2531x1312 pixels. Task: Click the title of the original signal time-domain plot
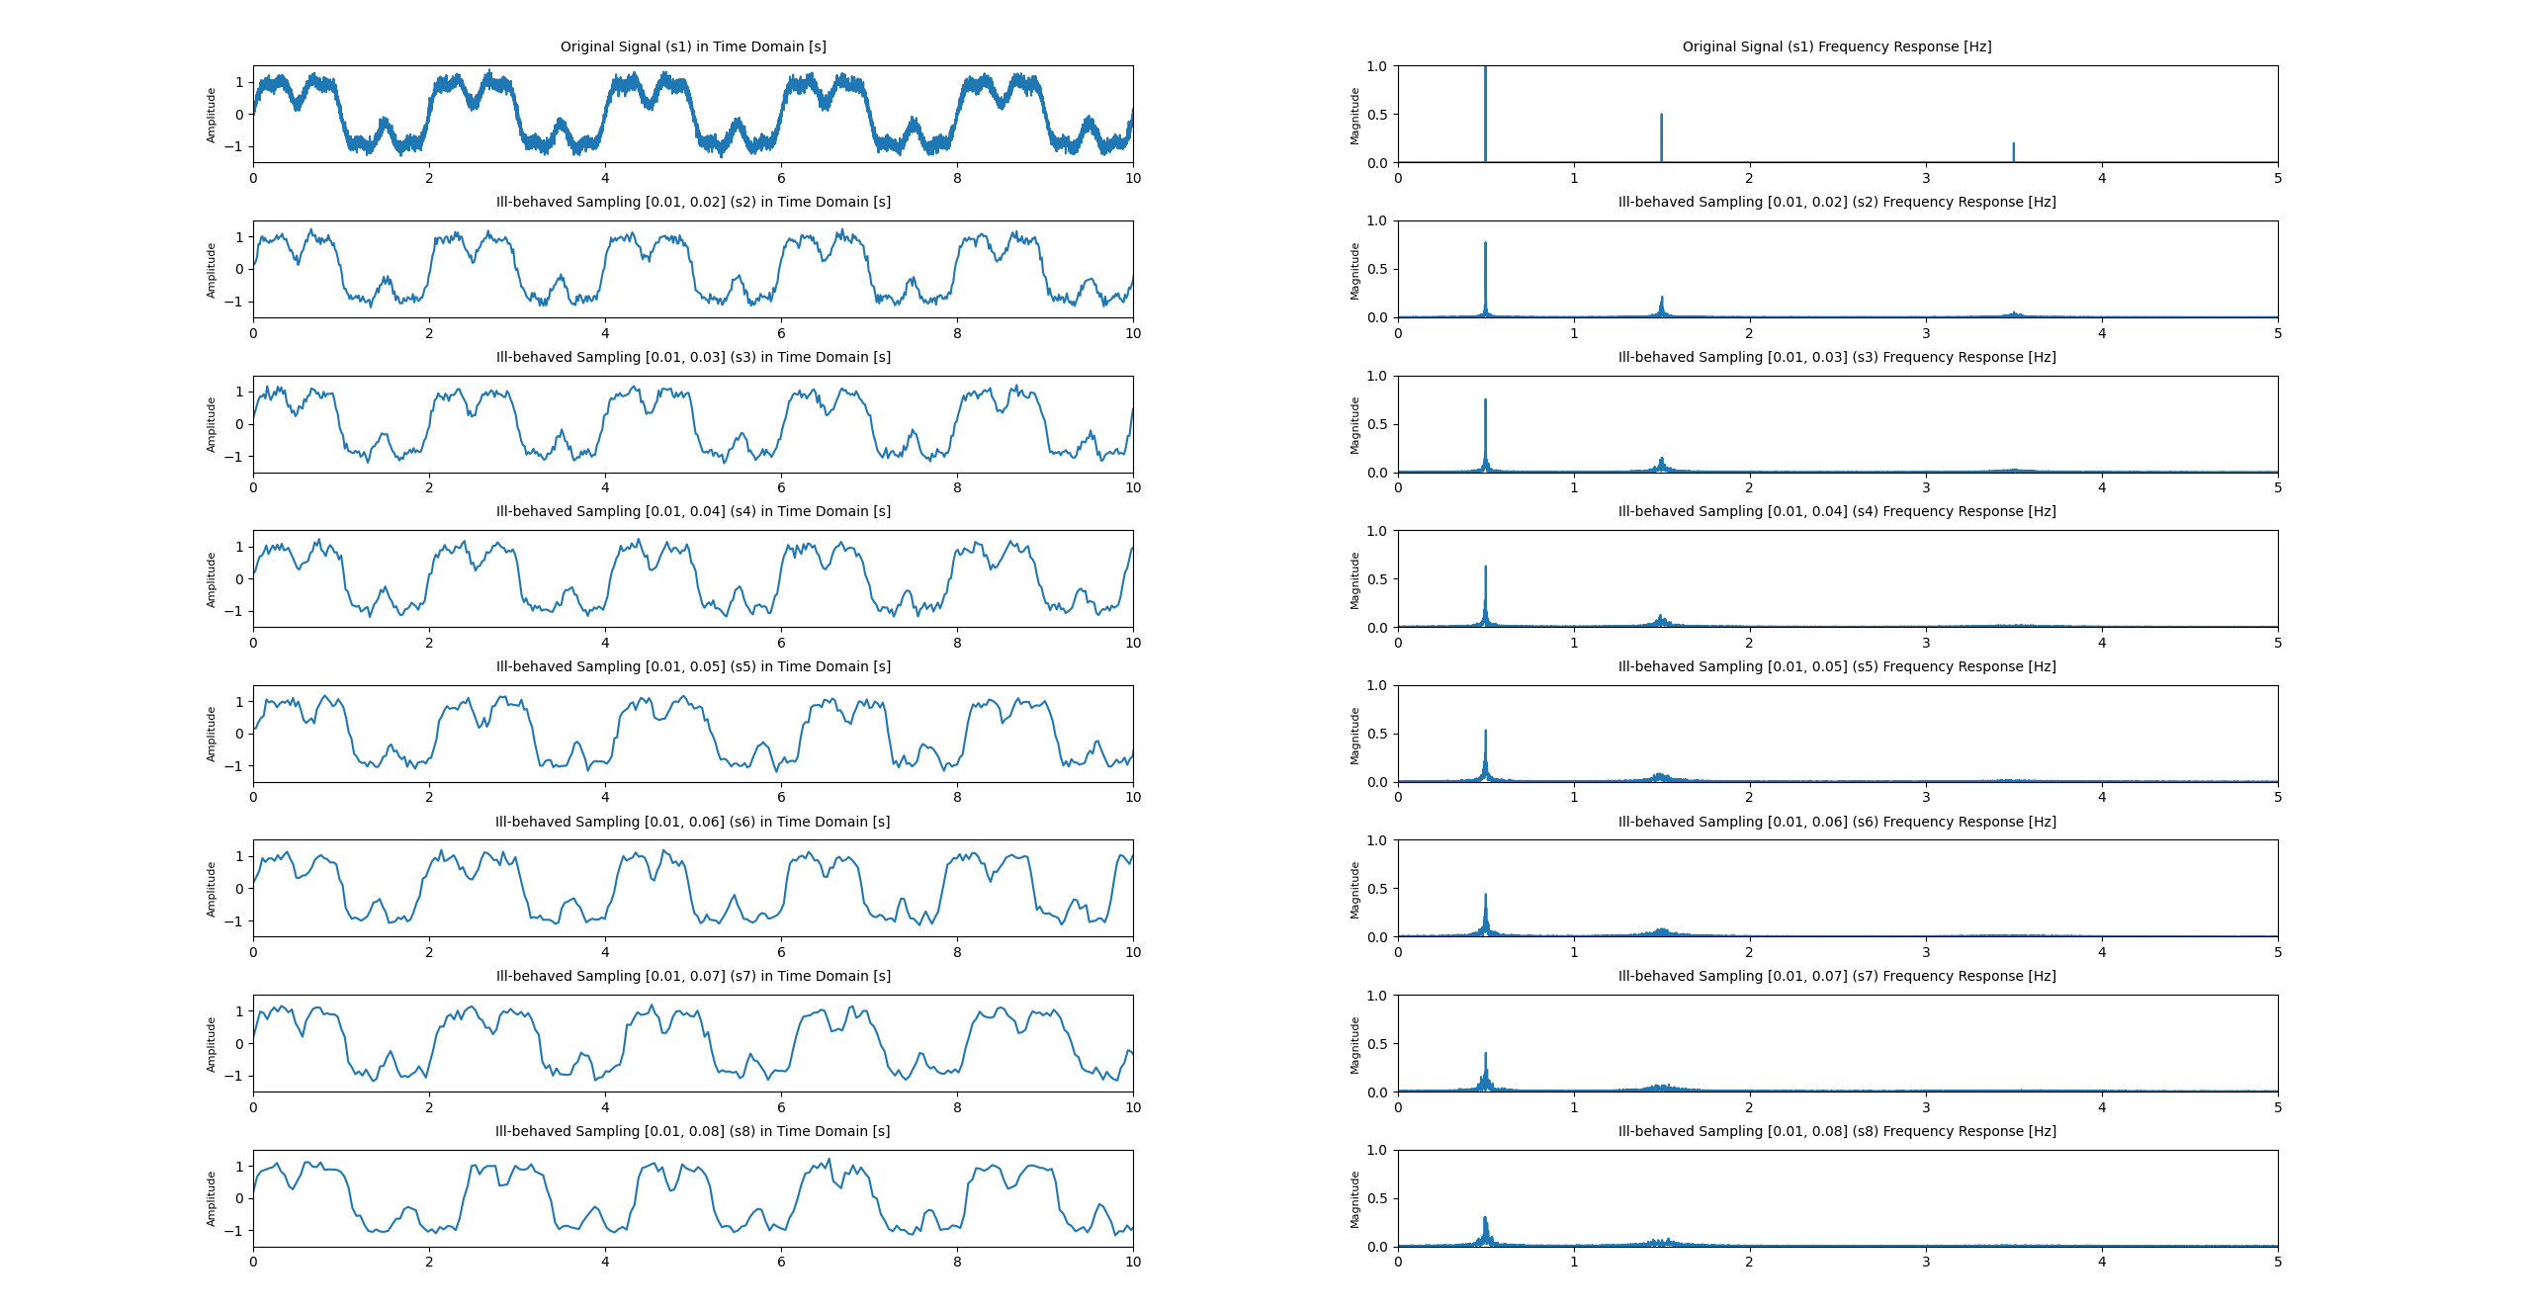click(x=693, y=46)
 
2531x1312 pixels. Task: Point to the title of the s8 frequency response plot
click(x=1837, y=1131)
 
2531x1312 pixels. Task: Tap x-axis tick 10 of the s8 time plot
click(x=1133, y=1262)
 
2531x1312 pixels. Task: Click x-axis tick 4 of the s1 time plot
click(x=605, y=178)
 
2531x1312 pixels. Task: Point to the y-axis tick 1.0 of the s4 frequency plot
click(x=1377, y=531)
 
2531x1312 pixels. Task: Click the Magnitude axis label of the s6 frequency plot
click(x=1354, y=890)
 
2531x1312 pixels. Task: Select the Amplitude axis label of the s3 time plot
click(x=211, y=425)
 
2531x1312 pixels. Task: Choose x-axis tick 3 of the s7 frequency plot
click(x=1926, y=1107)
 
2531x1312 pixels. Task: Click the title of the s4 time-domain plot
click(x=693, y=511)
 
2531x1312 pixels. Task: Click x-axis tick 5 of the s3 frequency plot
click(x=2278, y=487)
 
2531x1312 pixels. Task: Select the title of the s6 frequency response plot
click(x=1837, y=822)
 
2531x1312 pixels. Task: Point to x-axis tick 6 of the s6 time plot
click(x=781, y=952)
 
